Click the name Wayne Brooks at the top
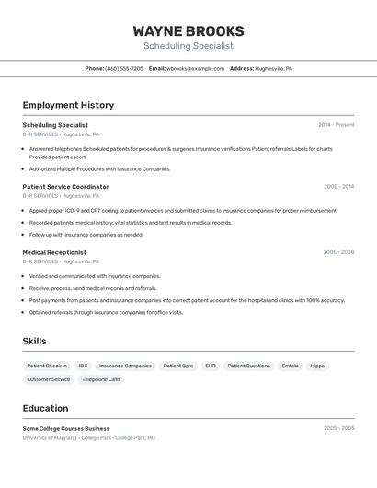click(x=188, y=30)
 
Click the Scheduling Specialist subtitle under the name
click(x=188, y=46)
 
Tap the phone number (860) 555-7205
click(x=124, y=68)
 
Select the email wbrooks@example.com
click(x=195, y=68)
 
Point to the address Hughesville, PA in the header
click(x=273, y=68)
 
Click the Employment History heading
click(x=68, y=105)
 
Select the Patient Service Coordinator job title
click(x=65, y=187)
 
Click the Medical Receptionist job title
click(x=54, y=252)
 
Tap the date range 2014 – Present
click(x=336, y=125)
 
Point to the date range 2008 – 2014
click(x=338, y=187)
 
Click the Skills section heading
click(x=34, y=341)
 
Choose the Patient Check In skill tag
click(x=47, y=366)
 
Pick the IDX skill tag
click(x=83, y=366)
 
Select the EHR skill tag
click(x=211, y=366)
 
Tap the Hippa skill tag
click(x=317, y=366)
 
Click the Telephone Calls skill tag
click(x=101, y=379)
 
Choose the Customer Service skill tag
click(x=49, y=379)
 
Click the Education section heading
click(x=45, y=408)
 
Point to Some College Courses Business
click(x=65, y=428)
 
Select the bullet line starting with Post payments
click(x=187, y=300)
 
